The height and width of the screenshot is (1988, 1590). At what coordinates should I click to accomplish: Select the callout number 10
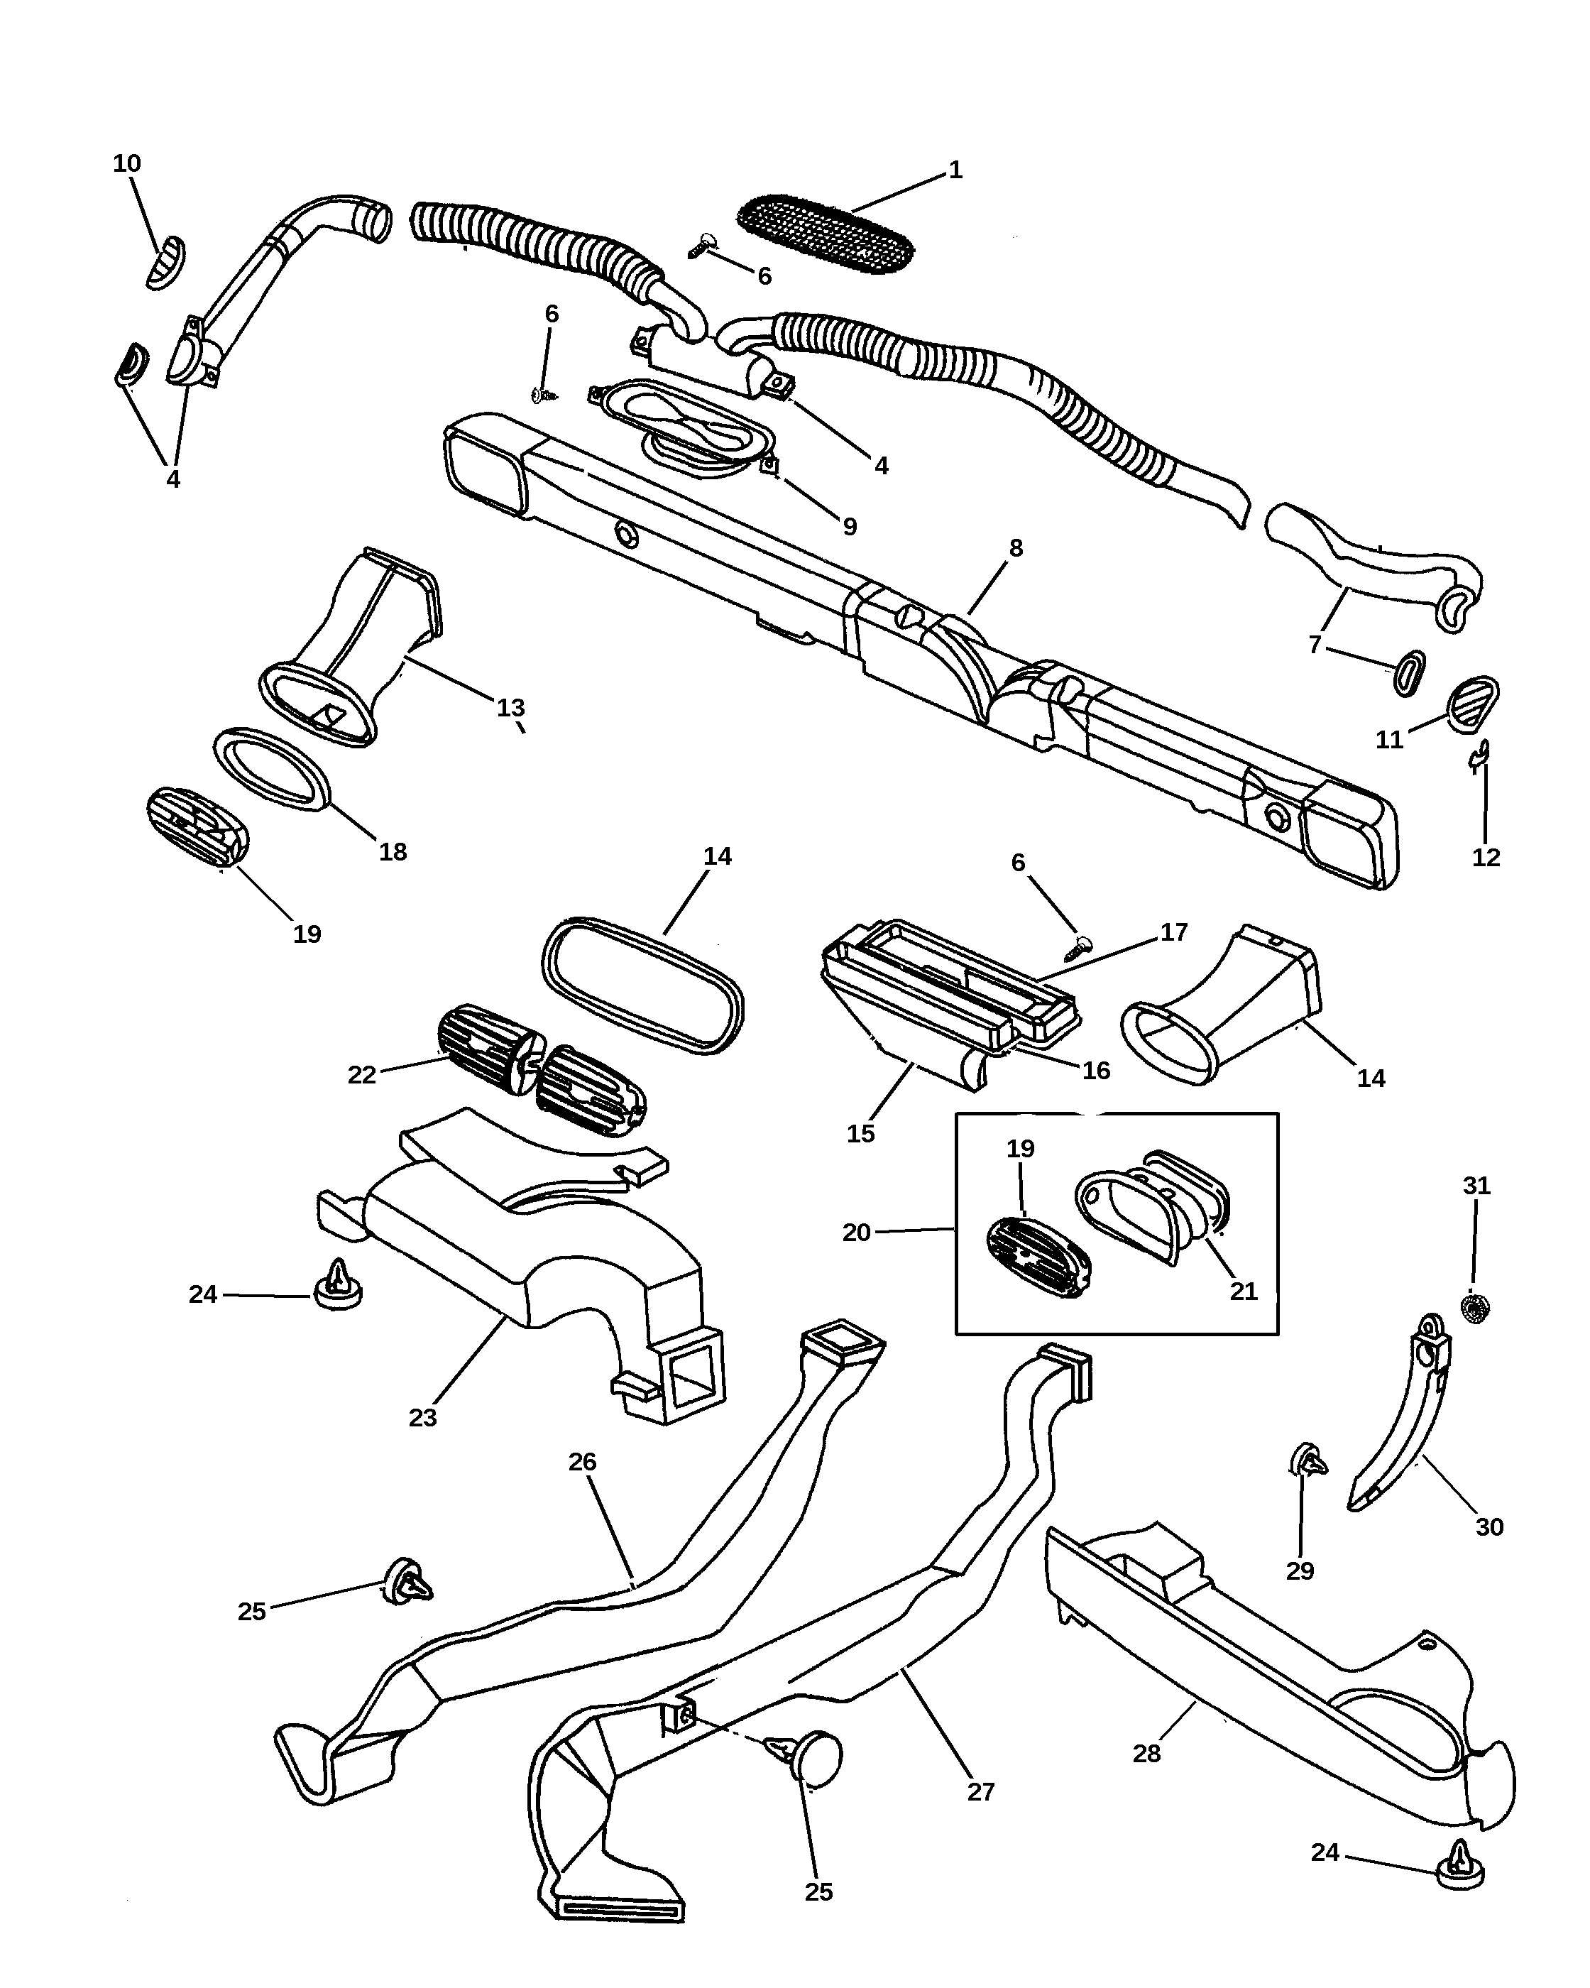(x=126, y=163)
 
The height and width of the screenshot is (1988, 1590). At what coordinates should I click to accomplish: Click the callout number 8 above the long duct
(x=1016, y=547)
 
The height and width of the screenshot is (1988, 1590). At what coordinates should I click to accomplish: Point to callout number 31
(x=1476, y=1186)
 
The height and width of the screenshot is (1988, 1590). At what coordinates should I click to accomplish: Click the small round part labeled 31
(x=1476, y=1306)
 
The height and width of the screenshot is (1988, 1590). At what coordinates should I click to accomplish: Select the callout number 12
(x=1486, y=858)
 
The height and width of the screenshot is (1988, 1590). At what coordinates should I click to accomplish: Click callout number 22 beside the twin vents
(x=361, y=1075)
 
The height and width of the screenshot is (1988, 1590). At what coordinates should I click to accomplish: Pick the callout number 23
(x=422, y=1418)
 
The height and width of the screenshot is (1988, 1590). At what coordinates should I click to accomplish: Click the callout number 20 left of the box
(x=856, y=1233)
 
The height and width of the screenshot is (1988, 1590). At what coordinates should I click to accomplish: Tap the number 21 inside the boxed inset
(x=1244, y=1291)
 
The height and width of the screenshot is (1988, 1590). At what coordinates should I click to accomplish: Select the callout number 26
(x=583, y=1461)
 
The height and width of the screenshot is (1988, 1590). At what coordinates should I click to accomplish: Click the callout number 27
(x=981, y=1791)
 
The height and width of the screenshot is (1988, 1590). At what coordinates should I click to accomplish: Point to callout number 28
(x=1146, y=1754)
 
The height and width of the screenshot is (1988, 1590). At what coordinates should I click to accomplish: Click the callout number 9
(x=850, y=527)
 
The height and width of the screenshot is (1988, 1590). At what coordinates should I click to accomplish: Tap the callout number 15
(x=860, y=1134)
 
